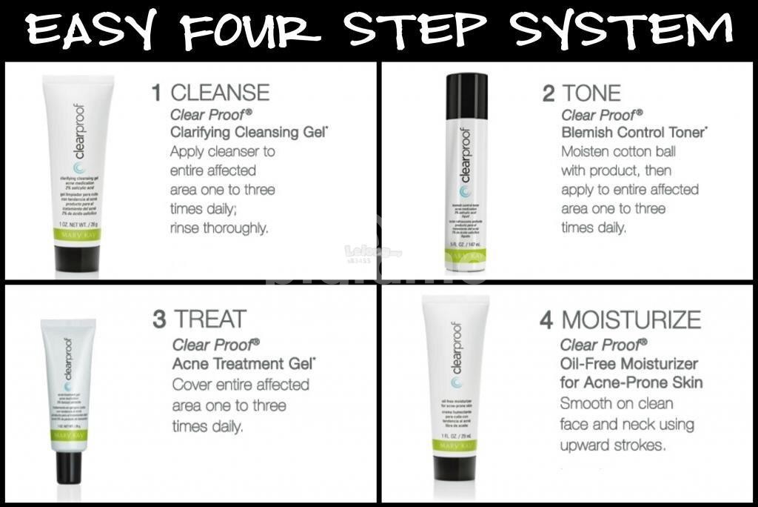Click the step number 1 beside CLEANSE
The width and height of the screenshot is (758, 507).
tap(156, 93)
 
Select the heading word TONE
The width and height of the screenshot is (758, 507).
tap(591, 93)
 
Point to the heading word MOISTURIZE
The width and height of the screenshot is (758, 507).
tap(631, 319)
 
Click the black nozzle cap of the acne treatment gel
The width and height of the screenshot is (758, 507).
tap(69, 468)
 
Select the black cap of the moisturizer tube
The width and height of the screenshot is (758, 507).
tap(455, 468)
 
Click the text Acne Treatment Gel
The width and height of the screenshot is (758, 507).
tap(243, 364)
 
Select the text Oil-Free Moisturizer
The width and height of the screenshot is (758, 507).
tap(628, 363)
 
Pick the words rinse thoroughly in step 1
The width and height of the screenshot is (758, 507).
tap(219, 228)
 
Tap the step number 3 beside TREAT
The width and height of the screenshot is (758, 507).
tap(159, 319)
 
